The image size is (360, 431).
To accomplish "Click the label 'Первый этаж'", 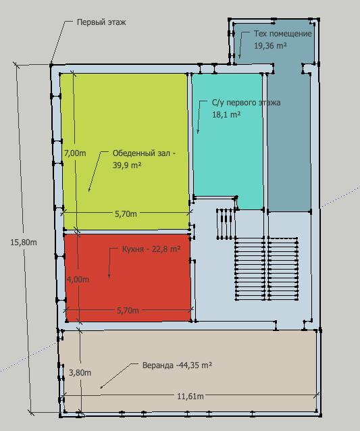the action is [101, 22].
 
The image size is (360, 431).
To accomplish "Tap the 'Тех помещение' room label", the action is [282, 34].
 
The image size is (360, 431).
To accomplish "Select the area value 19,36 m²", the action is [270, 45].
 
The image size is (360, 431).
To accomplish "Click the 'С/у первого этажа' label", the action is [246, 103].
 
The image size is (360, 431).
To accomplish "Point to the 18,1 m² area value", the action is [226, 114].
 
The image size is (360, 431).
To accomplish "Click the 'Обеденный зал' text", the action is [141, 153].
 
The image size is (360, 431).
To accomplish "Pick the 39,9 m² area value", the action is [127, 166].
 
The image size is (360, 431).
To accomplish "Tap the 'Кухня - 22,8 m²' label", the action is [151, 249].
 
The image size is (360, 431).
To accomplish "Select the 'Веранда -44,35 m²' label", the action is [177, 365].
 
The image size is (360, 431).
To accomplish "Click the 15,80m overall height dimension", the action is [24, 243].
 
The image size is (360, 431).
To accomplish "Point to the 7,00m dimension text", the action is [75, 153].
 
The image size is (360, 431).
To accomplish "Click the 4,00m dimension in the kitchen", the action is [78, 279].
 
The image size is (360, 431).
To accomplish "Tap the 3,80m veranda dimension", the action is [80, 373].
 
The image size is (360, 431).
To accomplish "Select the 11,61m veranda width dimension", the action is [190, 397].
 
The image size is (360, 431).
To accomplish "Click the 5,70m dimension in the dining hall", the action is [126, 214].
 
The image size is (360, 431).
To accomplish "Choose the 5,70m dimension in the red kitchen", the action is [128, 310].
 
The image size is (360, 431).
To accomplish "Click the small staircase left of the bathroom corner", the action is [225, 224].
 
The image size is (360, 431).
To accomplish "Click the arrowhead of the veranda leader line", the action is [101, 388].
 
